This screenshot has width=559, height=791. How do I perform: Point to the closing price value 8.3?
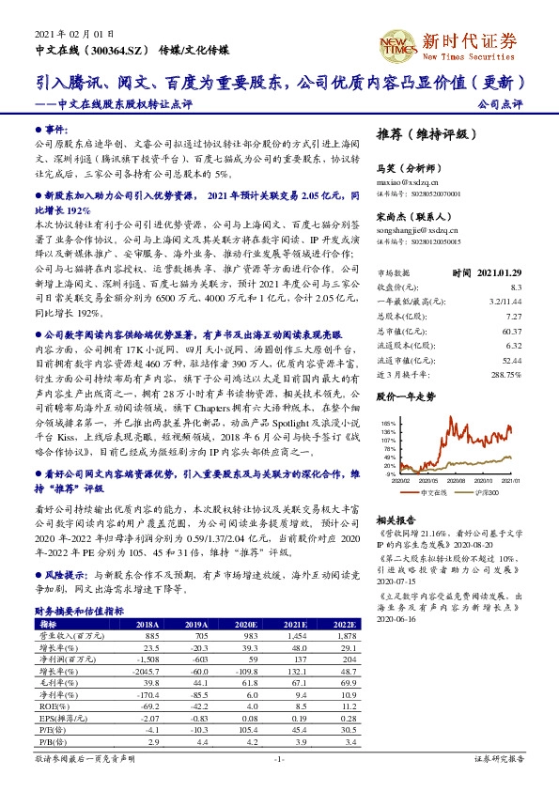(x=516, y=287)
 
